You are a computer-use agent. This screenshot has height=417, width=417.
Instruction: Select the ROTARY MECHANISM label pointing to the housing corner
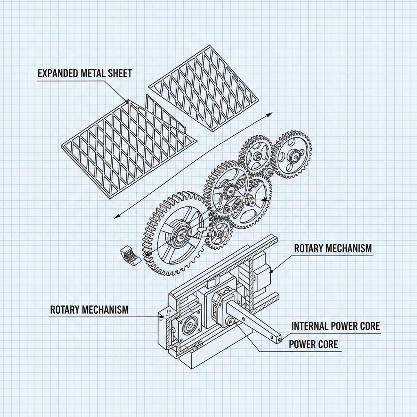click(89, 309)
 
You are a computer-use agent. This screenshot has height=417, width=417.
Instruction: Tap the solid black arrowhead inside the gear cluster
click(263, 200)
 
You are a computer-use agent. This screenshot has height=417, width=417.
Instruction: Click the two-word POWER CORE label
click(313, 344)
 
